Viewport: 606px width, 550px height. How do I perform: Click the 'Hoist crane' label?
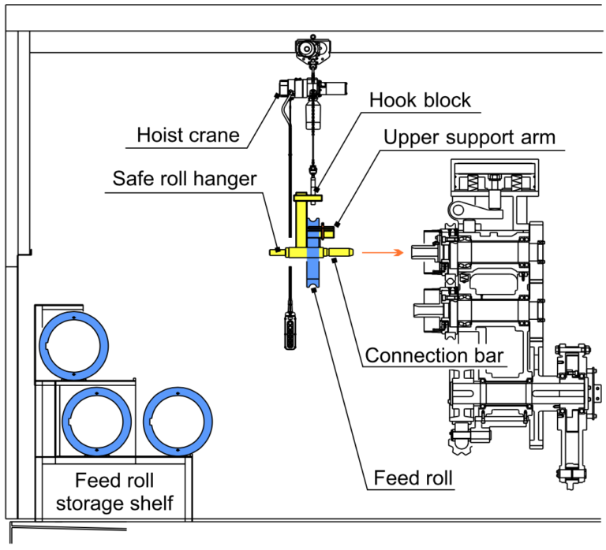pos(188,135)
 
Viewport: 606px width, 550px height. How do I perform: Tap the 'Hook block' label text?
pos(420,100)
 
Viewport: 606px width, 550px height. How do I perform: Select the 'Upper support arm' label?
pos(469,137)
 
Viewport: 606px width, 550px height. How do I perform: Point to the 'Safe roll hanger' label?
pos(185,179)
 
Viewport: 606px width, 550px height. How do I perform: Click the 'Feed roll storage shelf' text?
pos(114,492)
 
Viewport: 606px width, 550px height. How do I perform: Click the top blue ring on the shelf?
pos(75,344)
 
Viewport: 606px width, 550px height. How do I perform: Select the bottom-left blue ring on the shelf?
pos(96,419)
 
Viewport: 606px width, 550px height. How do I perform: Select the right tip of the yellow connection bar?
pos(347,253)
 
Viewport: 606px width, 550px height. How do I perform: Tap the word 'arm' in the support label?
pos(537,137)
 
